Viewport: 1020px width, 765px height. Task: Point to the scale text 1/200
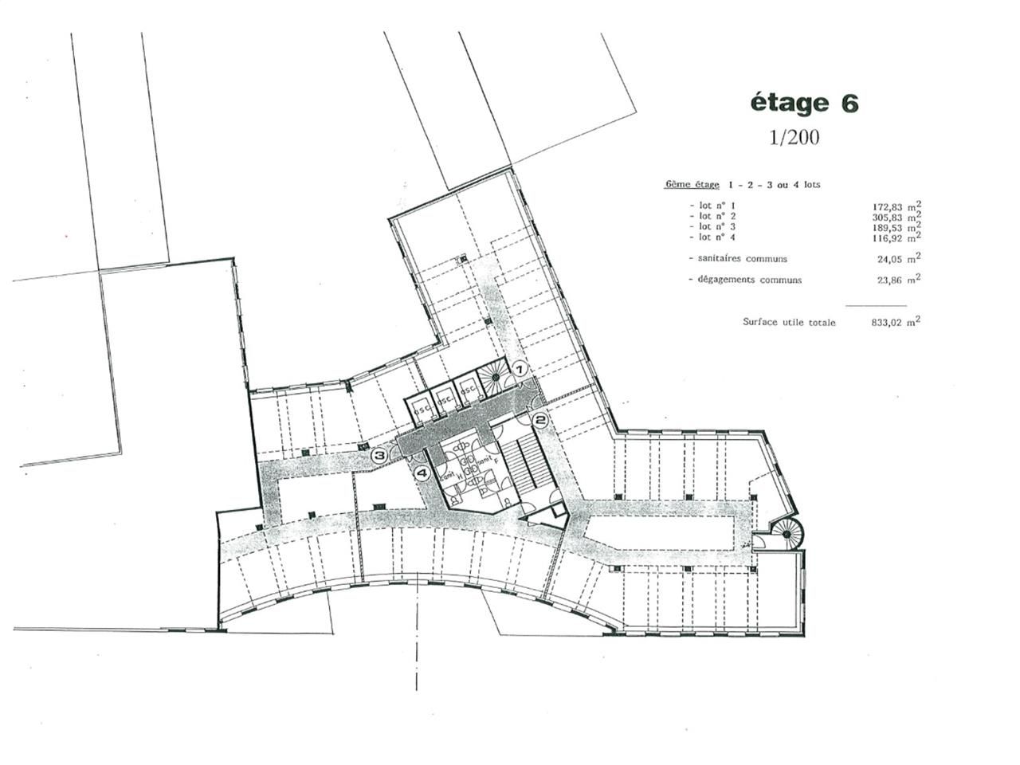click(794, 137)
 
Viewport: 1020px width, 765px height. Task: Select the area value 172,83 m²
click(897, 206)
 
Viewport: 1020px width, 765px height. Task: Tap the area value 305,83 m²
click(897, 217)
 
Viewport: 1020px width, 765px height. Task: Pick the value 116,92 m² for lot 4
click(897, 237)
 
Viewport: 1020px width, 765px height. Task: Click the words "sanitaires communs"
click(742, 259)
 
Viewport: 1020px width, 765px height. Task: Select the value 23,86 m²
click(897, 280)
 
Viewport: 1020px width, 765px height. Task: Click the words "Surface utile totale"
click(789, 323)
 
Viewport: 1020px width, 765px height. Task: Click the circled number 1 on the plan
click(520, 369)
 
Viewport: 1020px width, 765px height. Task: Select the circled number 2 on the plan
click(539, 419)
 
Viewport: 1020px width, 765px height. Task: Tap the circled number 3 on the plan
click(380, 456)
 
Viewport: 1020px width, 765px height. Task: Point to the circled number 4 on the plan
click(422, 473)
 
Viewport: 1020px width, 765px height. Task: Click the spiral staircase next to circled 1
click(494, 372)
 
